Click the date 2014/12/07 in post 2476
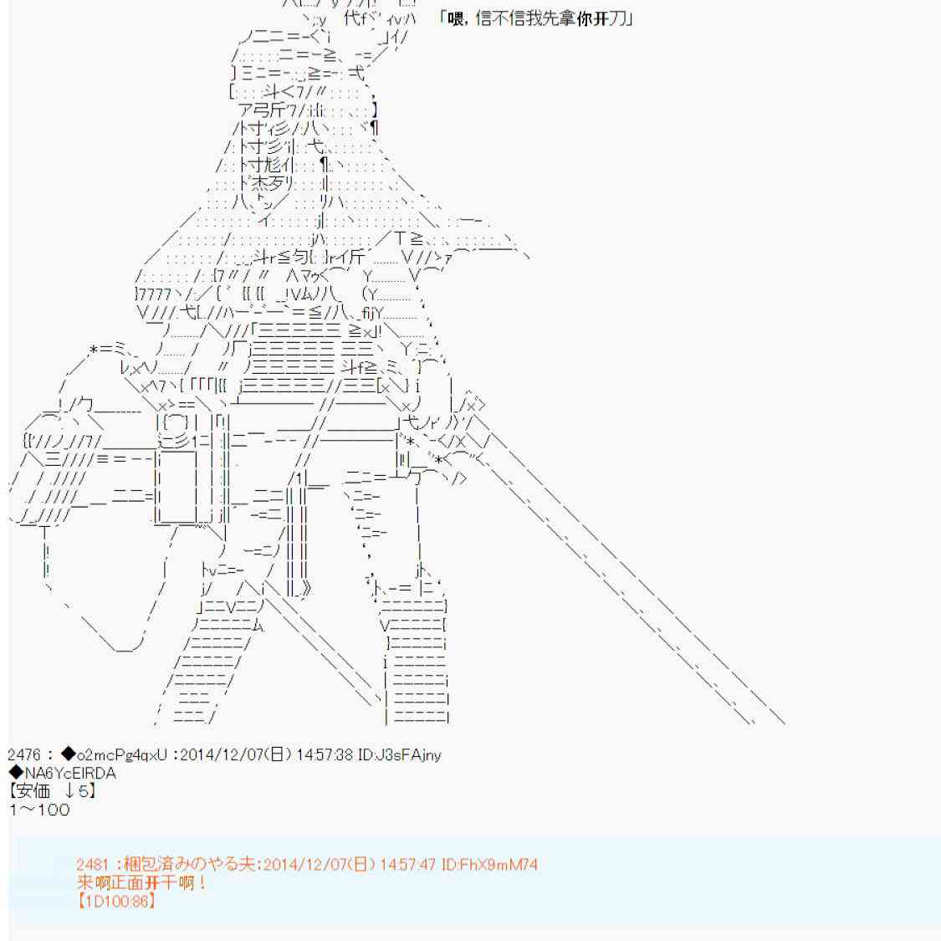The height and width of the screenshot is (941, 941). coord(222,755)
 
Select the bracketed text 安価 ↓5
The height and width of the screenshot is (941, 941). coord(53,791)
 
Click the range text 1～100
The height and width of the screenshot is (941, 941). coord(40,810)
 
